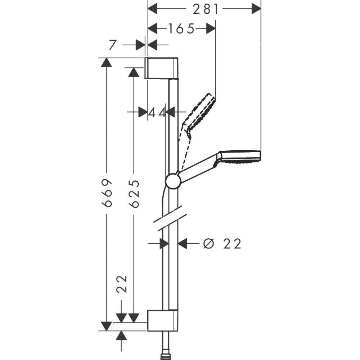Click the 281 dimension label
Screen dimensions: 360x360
[x=206, y=9]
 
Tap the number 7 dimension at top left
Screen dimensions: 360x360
[x=112, y=45]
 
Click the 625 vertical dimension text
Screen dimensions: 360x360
[x=134, y=193]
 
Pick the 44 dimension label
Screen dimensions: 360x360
[x=157, y=113]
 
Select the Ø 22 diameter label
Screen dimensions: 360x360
[x=222, y=244]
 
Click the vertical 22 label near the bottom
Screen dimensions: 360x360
[x=122, y=285]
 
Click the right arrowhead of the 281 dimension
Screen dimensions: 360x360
[x=256, y=9]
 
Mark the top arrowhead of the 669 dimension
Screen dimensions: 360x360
[x=105, y=62]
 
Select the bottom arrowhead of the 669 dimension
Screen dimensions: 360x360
[x=105, y=326]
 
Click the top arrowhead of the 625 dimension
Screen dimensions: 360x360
[x=134, y=72]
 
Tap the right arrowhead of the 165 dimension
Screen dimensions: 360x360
[x=211, y=28]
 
